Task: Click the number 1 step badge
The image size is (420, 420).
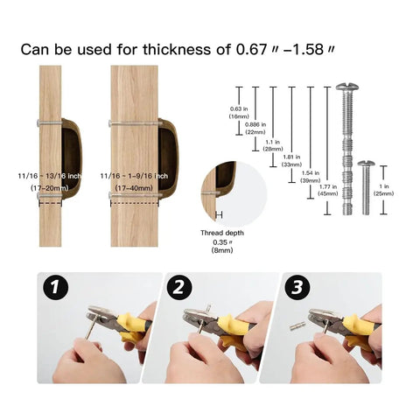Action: click(56, 288)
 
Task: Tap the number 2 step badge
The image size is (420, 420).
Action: click(179, 288)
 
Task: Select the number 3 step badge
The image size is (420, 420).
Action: click(297, 288)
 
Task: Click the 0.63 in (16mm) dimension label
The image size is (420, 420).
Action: click(239, 113)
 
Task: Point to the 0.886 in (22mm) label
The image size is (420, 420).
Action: click(255, 129)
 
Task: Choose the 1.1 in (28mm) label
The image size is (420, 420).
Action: click(273, 145)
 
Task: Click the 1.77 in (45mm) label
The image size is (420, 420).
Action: click(328, 190)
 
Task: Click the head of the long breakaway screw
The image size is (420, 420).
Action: click(347, 87)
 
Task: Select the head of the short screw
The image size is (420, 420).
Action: click(366, 164)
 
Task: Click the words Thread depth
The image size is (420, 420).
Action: click(222, 233)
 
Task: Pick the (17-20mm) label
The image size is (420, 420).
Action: click(50, 188)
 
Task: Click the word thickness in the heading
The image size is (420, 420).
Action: click(177, 49)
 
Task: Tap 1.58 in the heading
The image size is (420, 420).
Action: click(308, 49)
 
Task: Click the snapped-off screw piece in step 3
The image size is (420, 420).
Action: click(297, 325)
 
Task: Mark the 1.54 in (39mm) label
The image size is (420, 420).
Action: click(311, 177)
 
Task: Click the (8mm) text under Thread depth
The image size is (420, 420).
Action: click(222, 250)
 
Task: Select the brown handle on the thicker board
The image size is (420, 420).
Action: click(168, 159)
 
